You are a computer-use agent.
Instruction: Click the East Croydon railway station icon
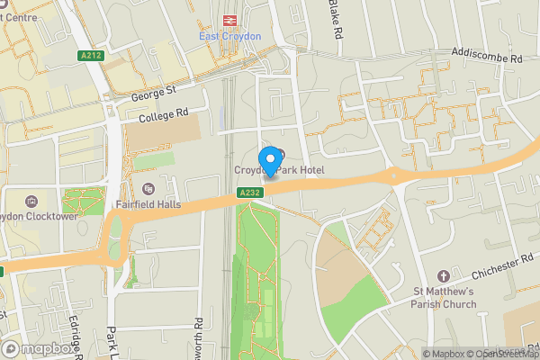229,20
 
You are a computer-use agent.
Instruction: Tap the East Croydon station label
229,36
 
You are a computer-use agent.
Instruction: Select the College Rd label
164,115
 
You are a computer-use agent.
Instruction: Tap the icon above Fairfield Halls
148,189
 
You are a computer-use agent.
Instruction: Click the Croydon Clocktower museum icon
32,201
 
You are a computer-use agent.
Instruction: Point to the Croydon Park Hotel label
279,170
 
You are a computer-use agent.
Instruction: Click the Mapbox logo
38,348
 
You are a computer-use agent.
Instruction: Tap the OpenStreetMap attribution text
504,354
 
